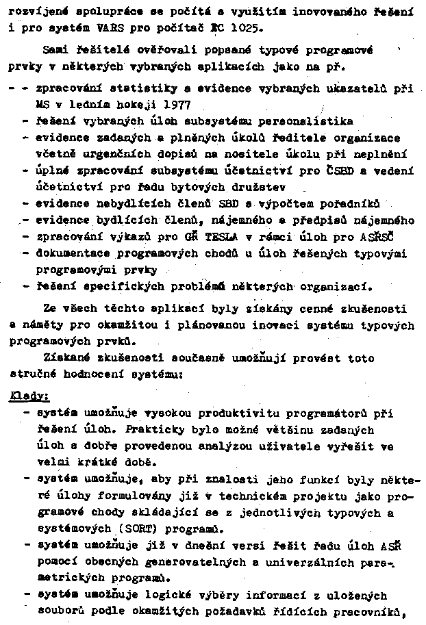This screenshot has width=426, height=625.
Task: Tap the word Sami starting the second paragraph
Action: (x=55, y=50)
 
